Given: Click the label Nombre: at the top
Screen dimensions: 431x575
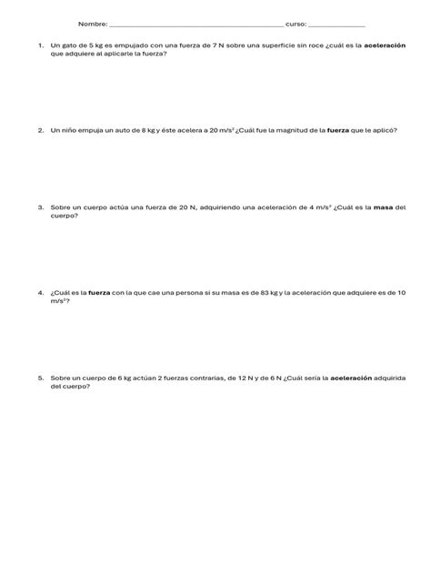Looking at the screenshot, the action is tap(93, 24).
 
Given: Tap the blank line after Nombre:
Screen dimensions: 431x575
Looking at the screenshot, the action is tap(195, 25).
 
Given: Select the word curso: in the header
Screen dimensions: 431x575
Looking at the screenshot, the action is tap(296, 24).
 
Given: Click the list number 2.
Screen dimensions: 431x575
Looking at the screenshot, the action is tap(41, 130).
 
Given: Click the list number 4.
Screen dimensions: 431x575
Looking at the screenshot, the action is tap(41, 292).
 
